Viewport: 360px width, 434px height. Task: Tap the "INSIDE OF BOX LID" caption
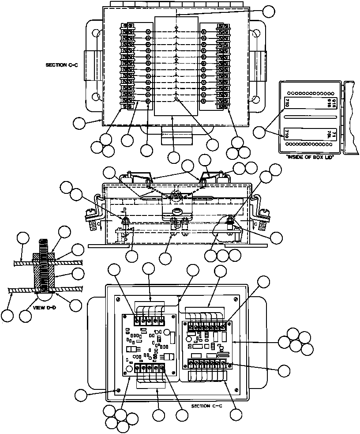pyautogui.click(x=308, y=158)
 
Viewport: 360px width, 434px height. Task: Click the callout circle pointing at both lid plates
pyautogui.click(x=260, y=131)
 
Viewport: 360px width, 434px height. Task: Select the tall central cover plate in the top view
pyautogui.click(x=176, y=66)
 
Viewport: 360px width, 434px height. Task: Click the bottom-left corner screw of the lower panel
pyautogui.click(x=118, y=390)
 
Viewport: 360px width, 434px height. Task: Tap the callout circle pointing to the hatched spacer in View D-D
pyautogui.click(x=78, y=274)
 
